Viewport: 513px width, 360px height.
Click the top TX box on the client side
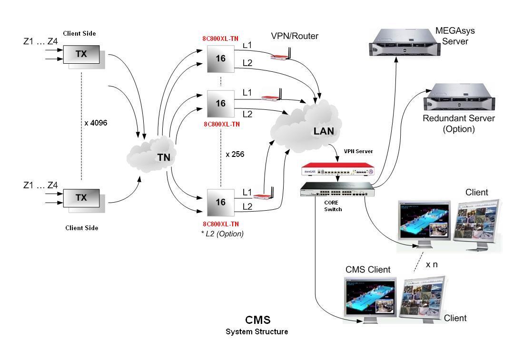pyautogui.click(x=81, y=54)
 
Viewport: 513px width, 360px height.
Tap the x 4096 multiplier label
pyautogui.click(x=96, y=123)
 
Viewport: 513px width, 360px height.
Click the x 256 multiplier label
pyautogui.click(x=235, y=154)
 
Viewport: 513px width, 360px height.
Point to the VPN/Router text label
pyautogui.click(x=295, y=36)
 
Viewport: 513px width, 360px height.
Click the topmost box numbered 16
pyautogui.click(x=221, y=58)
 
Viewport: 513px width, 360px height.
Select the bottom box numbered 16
pyautogui.click(x=221, y=202)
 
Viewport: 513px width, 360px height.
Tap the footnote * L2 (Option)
pyautogui.click(x=222, y=234)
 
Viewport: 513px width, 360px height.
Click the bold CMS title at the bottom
pyautogui.click(x=257, y=320)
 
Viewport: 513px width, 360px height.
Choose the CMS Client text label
pyautogui.click(x=368, y=270)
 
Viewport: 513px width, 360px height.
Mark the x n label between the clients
pyautogui.click(x=432, y=264)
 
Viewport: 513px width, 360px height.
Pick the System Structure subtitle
pyautogui.click(x=256, y=331)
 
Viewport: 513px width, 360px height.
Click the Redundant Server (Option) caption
pyautogui.click(x=459, y=123)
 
